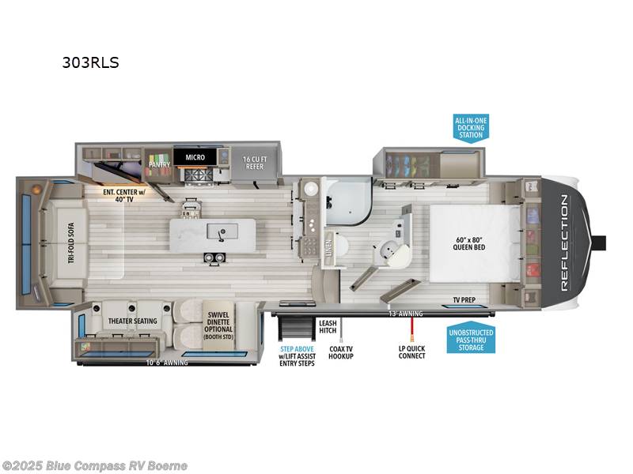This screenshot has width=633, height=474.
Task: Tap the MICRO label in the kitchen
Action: coord(195,157)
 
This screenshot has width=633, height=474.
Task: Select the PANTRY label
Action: coord(160,164)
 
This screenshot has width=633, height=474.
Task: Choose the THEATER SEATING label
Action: coord(132,321)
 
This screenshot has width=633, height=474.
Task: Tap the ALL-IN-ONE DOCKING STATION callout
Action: coord(471,127)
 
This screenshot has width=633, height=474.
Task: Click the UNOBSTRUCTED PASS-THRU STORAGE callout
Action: coord(471,340)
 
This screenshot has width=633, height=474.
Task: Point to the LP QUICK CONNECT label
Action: coord(411,351)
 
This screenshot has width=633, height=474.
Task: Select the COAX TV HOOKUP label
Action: coord(341,351)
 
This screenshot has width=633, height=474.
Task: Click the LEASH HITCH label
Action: coord(328,327)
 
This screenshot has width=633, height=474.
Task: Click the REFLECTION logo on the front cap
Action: coord(564,243)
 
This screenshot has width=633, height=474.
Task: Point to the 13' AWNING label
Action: coord(405,314)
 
